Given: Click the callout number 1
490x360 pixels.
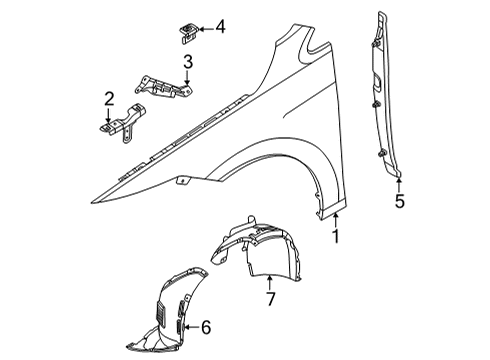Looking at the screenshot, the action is pyautogui.click(x=336, y=236).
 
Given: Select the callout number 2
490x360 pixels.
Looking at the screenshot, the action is pyautogui.click(x=109, y=99).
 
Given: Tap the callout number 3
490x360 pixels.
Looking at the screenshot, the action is pyautogui.click(x=188, y=62).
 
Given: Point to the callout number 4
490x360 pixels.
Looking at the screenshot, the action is pyautogui.click(x=220, y=27).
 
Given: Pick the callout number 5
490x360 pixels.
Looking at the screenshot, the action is pyautogui.click(x=399, y=201).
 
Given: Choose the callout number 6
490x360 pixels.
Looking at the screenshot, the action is pyautogui.click(x=206, y=327).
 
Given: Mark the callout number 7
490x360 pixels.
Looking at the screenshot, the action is pyautogui.click(x=270, y=299).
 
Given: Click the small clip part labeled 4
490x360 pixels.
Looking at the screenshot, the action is pyautogui.click(x=189, y=33).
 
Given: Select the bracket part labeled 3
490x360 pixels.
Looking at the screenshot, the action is pyautogui.click(x=163, y=86).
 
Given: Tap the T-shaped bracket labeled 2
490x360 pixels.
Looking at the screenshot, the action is pyautogui.click(x=125, y=122).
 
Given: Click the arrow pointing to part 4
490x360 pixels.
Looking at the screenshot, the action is pyautogui.click(x=206, y=29).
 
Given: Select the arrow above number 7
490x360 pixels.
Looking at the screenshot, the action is pyautogui.click(x=269, y=283).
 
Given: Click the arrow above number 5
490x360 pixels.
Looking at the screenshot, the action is pyautogui.click(x=399, y=185).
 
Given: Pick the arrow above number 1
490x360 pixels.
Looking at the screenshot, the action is pyautogui.click(x=336, y=221).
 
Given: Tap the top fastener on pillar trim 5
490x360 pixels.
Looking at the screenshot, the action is pyautogui.click(x=376, y=43).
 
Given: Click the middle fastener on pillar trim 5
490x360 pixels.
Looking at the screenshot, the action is pyautogui.click(x=376, y=104).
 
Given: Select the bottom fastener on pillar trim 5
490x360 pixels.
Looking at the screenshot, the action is pyautogui.click(x=382, y=153).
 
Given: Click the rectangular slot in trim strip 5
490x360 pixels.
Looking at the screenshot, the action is pyautogui.click(x=378, y=82).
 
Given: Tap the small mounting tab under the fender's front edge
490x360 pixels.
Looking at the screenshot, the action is pyautogui.click(x=182, y=180).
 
